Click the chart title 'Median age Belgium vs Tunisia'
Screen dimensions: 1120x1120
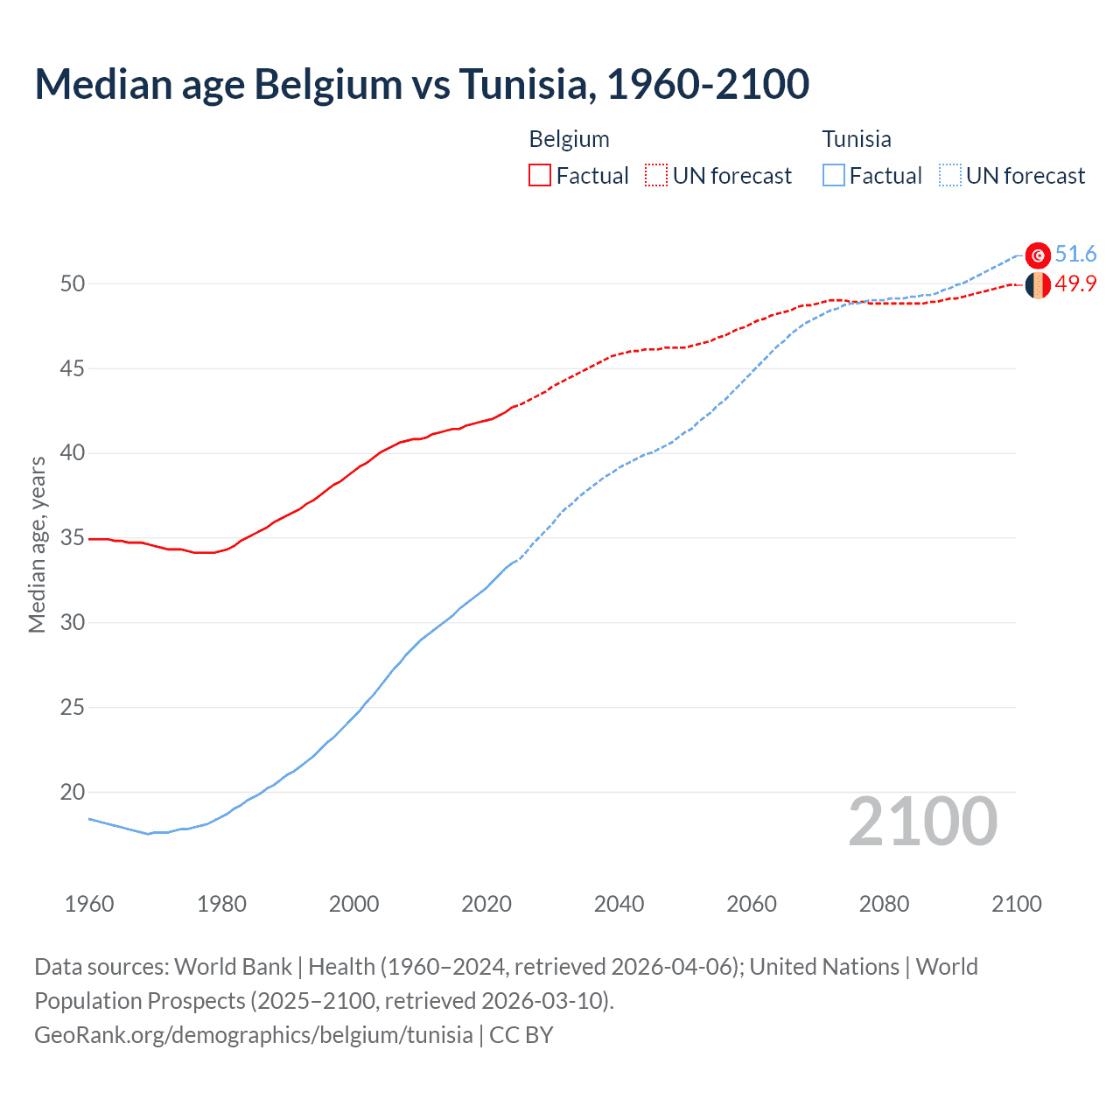coord(422,84)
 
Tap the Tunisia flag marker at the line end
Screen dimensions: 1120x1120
coord(1038,255)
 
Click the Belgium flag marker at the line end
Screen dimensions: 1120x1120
coord(1038,284)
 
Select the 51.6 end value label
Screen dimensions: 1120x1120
coord(1075,254)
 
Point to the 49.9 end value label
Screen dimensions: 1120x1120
coord(1075,283)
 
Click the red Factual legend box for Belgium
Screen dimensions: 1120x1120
coord(540,176)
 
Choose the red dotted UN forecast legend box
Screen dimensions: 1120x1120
coord(656,176)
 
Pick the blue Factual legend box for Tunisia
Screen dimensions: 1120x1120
coord(834,176)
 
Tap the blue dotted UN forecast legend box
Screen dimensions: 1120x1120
coord(949,176)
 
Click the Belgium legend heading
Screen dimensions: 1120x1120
coord(569,139)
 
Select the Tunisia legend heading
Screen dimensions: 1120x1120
coord(856,139)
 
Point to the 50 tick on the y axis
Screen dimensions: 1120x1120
coord(73,283)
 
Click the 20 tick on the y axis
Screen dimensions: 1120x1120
coord(73,792)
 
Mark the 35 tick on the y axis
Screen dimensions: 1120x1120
coord(73,537)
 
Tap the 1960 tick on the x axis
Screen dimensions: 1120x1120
coord(89,904)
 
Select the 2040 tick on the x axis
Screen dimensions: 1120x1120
coord(619,904)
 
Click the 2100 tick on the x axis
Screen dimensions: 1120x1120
coord(1016,904)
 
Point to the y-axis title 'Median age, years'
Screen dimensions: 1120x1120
coord(37,544)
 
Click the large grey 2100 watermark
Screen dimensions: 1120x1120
coord(922,822)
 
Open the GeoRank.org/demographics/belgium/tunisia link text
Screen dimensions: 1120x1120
coord(254,1034)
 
